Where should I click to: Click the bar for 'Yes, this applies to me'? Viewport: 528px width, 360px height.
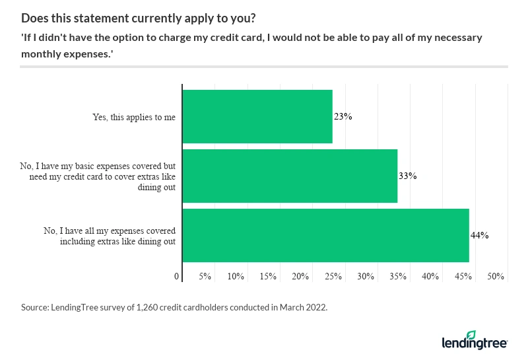[x=257, y=117]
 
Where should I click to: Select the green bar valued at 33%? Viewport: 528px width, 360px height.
[x=289, y=176]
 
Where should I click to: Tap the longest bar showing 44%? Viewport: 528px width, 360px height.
[x=325, y=236]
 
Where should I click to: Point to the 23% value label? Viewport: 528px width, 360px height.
[x=343, y=117]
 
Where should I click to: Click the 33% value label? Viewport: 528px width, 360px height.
[x=408, y=176]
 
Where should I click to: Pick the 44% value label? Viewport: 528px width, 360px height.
[x=479, y=236]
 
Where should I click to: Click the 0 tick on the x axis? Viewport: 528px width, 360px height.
[x=177, y=276]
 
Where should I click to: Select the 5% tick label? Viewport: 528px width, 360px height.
[x=205, y=276]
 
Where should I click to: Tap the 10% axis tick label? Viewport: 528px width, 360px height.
[x=236, y=276]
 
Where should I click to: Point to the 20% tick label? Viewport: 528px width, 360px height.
[x=301, y=276]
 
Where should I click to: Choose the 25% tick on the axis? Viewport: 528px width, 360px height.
[x=333, y=276]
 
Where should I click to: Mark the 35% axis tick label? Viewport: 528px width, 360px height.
[x=398, y=276]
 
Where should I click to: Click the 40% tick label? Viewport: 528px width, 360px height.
[x=430, y=276]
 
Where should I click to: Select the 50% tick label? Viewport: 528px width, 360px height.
[x=495, y=276]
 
